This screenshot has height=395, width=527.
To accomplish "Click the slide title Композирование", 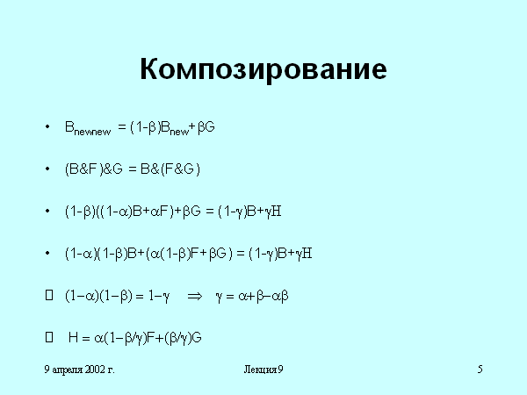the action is click(263, 69).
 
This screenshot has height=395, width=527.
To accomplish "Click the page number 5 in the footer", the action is click(480, 370).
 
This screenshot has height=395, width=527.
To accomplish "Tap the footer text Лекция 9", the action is click(263, 370).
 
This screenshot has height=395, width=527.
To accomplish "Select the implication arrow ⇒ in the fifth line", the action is click(195, 296).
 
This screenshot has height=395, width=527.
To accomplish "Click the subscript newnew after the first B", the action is click(92, 132).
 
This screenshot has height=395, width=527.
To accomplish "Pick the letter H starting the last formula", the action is click(73, 337).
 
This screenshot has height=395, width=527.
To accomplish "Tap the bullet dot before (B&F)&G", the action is click(47, 169).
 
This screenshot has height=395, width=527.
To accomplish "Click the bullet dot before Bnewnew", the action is click(47, 126).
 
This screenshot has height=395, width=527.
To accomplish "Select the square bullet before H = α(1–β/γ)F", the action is click(49, 337).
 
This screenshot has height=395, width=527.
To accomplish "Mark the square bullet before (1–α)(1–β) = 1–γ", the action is click(49, 295).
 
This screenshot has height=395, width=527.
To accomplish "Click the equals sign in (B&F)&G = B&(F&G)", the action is click(133, 169).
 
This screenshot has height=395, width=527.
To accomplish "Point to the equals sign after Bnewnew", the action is click(122, 127).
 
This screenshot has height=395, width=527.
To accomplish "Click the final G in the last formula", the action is click(197, 337).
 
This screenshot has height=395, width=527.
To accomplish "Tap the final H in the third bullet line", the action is click(276, 212).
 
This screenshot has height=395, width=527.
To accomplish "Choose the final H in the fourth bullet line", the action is click(307, 254).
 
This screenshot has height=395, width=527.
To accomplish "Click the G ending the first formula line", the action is click(209, 127).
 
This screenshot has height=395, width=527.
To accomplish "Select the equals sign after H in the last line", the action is click(86, 338).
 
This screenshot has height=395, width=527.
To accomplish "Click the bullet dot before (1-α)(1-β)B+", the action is click(47, 253).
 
